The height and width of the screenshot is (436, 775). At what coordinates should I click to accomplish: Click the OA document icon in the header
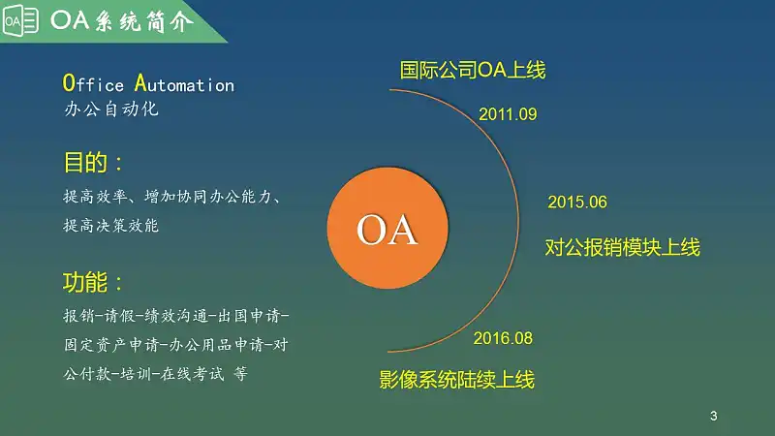tap(20, 20)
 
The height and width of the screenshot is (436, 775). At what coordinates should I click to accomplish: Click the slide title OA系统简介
tap(122, 21)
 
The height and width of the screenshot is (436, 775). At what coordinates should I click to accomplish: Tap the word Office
tap(93, 83)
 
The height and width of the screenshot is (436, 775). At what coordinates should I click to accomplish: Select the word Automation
tap(184, 83)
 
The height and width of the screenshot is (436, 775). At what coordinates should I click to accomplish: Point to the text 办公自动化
tap(111, 109)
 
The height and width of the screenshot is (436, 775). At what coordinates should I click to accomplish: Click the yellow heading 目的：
tap(93, 162)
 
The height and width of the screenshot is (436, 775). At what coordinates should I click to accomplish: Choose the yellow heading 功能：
tap(93, 282)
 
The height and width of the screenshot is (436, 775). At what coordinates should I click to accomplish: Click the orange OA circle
tap(387, 228)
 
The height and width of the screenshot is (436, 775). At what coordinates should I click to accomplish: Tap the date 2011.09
tap(508, 114)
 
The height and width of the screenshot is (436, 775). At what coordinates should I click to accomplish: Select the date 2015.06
tap(577, 202)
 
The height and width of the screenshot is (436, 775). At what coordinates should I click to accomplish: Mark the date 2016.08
tap(503, 338)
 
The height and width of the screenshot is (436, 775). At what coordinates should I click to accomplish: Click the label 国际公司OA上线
tap(473, 70)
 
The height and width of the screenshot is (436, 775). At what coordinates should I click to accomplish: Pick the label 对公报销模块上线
tap(623, 247)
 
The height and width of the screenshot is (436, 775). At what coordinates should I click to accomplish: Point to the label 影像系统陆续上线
tap(457, 380)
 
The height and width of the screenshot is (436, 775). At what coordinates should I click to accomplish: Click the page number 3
tap(713, 416)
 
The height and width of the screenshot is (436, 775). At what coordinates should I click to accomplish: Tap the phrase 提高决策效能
tap(111, 226)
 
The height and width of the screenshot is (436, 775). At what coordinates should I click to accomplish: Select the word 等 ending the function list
tap(240, 373)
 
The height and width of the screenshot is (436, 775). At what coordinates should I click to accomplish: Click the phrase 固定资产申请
tap(112, 345)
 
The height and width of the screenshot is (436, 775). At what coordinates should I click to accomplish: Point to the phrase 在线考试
tap(192, 373)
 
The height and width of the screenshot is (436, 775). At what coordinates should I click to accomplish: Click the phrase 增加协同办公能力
tap(207, 197)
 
